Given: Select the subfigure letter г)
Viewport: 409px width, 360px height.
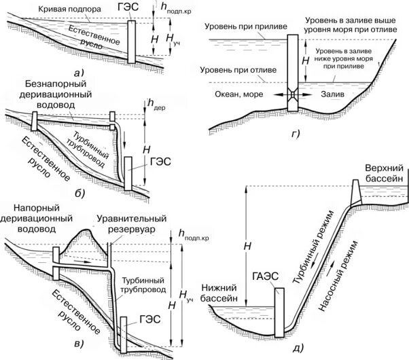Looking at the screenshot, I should coord(296,132).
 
